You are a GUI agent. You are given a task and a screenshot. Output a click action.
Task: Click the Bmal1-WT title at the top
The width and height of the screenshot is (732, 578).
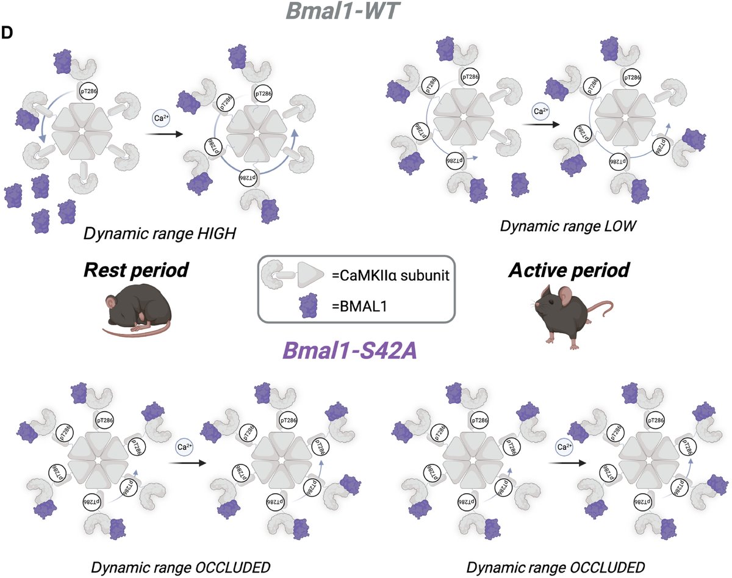click(365, 12)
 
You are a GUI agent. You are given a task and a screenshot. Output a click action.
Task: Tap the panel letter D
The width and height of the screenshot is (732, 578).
click(8, 34)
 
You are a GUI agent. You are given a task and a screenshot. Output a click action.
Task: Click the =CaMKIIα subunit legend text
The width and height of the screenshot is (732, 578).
click(390, 275)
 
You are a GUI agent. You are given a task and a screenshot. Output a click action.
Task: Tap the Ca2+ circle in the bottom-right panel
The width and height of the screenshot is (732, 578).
click(564, 447)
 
